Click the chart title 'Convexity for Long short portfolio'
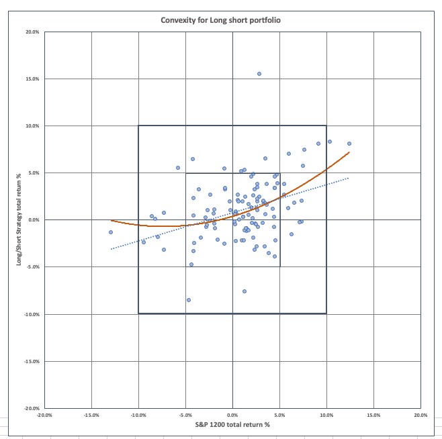pos(220,20)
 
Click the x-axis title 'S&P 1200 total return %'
pos(232,424)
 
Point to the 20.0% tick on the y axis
pos(32,32)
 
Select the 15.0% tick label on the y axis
pos(32,79)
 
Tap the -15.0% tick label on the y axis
pos(31,361)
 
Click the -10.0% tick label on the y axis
pos(31,314)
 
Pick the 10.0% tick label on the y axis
pos(32,126)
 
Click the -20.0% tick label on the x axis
pos(44,415)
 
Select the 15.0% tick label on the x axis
pos(373,415)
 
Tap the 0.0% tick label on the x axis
pos(232,415)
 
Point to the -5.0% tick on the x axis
pos(185,415)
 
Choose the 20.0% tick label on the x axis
pos(421,415)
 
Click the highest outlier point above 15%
pos(259,74)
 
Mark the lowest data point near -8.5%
pos(189,300)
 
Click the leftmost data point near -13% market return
pos(111,232)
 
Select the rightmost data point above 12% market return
pos(349,144)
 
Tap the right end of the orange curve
pos(349,152)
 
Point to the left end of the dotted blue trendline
pos(112,249)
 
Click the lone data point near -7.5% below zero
pos(245,291)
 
